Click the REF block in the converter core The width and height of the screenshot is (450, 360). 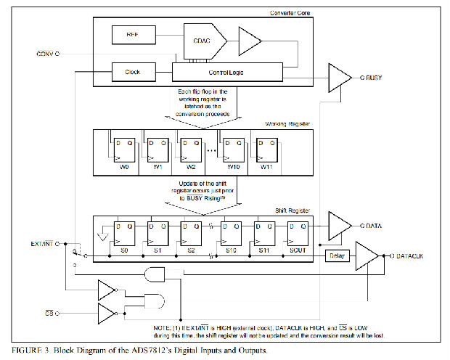[x=131, y=34]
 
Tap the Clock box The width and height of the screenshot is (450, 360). [x=131, y=73]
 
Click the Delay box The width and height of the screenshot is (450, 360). [x=337, y=255]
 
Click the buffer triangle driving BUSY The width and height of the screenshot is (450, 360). [x=340, y=76]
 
